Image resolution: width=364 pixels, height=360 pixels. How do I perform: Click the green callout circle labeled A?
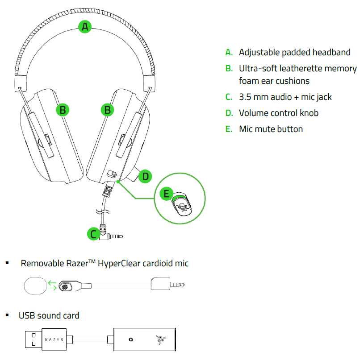85,27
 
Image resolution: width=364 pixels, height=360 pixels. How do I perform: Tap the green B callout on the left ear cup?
63,109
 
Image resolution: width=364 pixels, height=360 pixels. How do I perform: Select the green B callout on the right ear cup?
107,109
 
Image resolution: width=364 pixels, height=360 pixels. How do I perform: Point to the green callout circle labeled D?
145,177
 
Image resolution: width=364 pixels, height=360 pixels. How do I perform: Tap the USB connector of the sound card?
32,339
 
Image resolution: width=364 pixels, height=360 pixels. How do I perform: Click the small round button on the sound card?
130,339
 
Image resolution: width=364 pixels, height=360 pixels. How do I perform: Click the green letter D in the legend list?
229,113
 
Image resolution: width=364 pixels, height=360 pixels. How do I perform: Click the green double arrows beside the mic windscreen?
53,286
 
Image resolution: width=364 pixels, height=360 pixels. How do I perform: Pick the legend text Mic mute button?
271,129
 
